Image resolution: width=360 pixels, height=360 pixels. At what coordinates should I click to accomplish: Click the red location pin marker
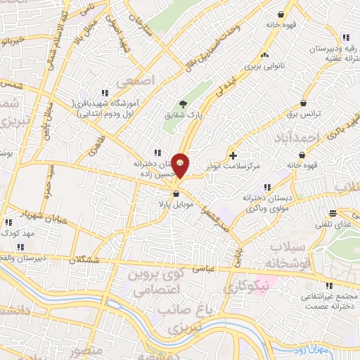pyautogui.click(x=181, y=165)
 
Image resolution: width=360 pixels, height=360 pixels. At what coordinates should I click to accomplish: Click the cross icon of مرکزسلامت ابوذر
pyautogui.click(x=233, y=155)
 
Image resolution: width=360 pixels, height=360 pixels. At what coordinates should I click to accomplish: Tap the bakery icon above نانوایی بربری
pyautogui.click(x=265, y=56)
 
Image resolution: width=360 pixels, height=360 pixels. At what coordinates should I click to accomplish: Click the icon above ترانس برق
pyautogui.click(x=303, y=103)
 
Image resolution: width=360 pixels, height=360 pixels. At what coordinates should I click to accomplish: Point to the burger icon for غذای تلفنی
pyautogui.click(x=336, y=213)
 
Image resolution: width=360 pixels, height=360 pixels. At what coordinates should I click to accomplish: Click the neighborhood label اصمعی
pyautogui.click(x=139, y=82)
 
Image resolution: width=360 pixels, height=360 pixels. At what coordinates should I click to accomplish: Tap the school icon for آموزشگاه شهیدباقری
pyautogui.click(x=105, y=93)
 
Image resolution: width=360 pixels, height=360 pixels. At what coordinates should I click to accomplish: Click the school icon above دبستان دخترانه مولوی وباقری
pyautogui.click(x=266, y=187)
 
